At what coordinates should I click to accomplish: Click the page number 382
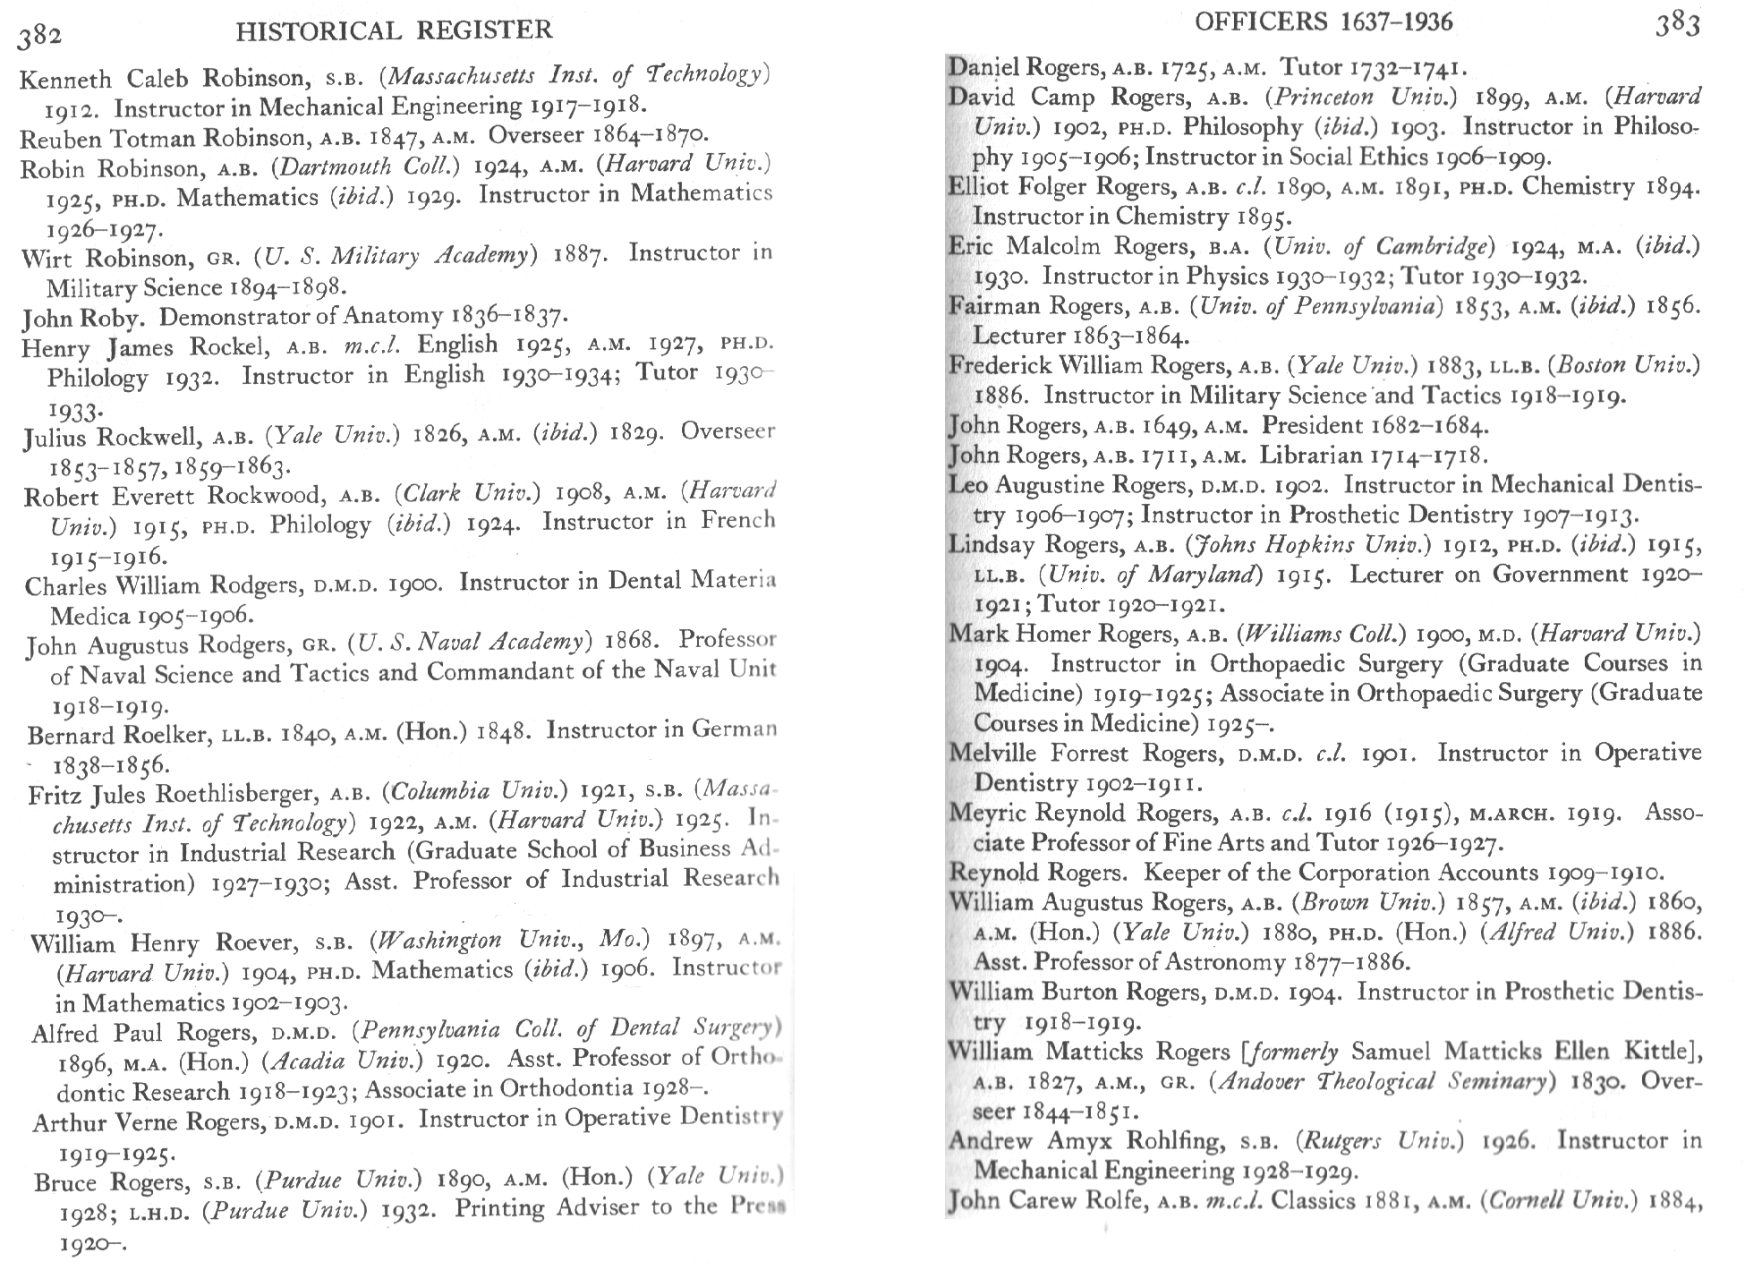[x=39, y=35]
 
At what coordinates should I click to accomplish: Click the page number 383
[x=1677, y=24]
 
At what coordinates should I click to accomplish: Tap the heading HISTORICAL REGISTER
[x=394, y=31]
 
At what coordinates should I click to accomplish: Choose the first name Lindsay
[x=991, y=545]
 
